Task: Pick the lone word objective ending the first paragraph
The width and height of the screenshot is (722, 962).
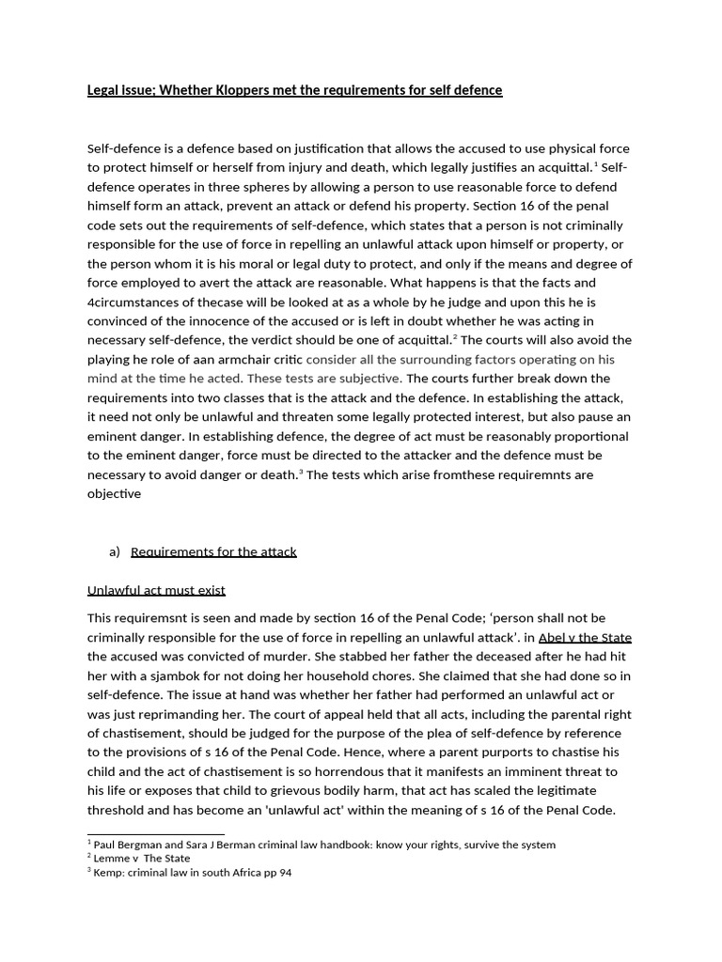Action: pos(114,493)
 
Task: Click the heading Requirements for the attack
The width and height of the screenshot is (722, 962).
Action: pos(213,551)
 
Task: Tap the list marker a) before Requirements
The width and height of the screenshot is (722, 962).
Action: pos(115,551)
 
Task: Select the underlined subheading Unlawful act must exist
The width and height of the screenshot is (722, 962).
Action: pos(156,590)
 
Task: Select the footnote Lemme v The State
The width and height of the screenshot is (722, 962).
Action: pos(142,858)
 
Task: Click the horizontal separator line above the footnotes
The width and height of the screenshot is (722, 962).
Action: pos(156,833)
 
